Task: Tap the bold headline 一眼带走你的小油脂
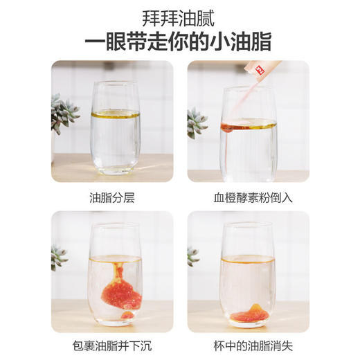[x=180, y=41]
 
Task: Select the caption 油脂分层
[x=112, y=197]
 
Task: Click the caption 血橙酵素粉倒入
[x=248, y=197]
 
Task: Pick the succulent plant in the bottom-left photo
[x=58, y=257]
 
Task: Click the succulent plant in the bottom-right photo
[x=193, y=256]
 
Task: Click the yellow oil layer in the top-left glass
[x=115, y=114]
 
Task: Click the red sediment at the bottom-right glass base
[x=248, y=315]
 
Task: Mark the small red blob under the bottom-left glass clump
[x=127, y=315]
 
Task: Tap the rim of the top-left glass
[x=116, y=84]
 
